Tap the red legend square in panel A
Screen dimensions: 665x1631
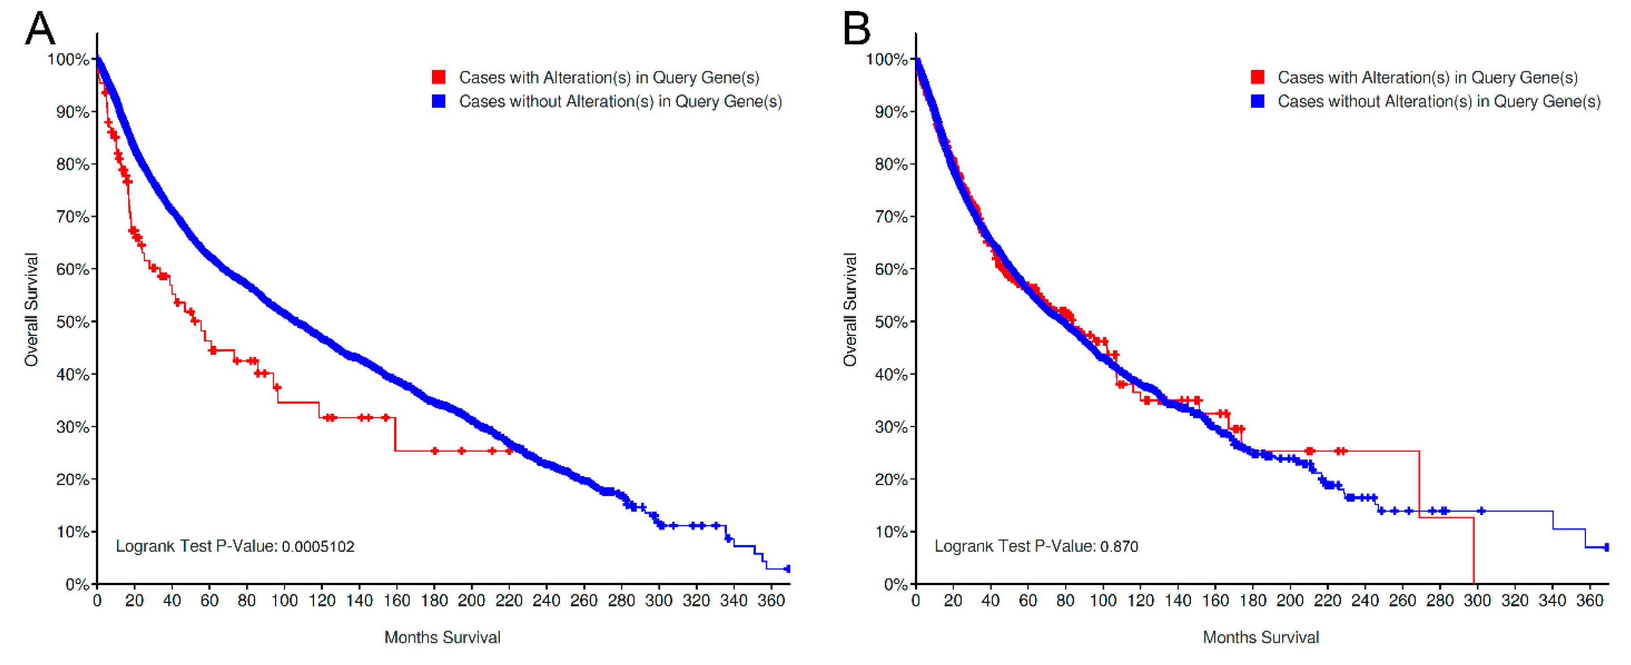[x=438, y=77]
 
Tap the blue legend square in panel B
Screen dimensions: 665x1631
[x=1258, y=101]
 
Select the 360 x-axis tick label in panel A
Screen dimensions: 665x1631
[x=771, y=600]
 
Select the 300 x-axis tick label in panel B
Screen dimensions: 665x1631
[x=1477, y=600]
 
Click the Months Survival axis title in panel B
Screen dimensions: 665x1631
[x=1261, y=637]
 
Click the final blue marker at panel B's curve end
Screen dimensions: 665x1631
[x=1606, y=547]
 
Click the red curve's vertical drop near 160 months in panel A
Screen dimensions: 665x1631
[x=395, y=435]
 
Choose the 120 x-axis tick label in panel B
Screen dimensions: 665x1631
[x=1140, y=600]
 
